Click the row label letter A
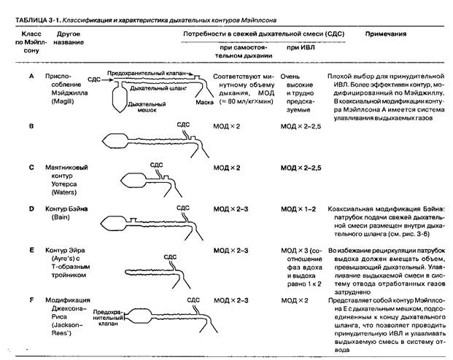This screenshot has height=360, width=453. [31, 76]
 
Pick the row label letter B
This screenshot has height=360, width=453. [31, 126]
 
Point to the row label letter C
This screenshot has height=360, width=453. [31, 168]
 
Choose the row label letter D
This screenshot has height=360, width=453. [31, 208]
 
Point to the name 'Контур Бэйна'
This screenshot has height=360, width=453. [69, 209]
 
